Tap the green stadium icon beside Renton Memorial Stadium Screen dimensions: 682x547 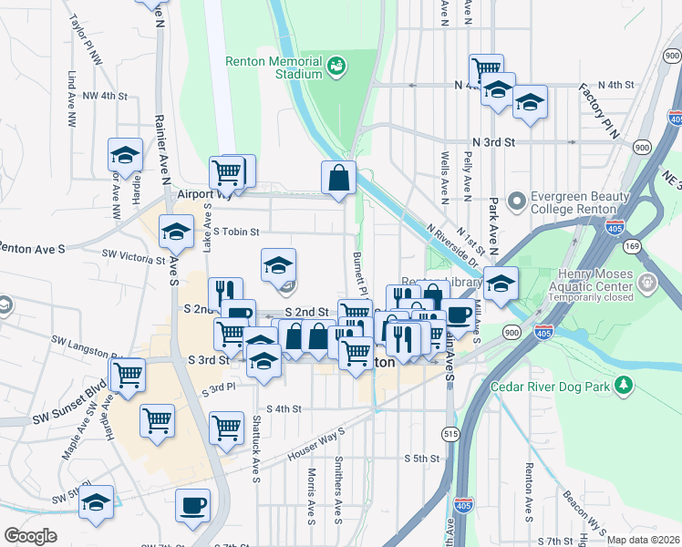[336, 66]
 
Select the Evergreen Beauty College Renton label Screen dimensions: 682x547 [581, 202]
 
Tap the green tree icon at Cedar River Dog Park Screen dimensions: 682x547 [624, 387]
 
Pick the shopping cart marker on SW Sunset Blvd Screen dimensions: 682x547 [127, 373]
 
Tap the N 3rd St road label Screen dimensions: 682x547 [494, 142]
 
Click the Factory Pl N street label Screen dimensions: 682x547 [598, 110]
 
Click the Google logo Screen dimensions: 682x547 [30, 536]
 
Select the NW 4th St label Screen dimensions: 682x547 [103, 95]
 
